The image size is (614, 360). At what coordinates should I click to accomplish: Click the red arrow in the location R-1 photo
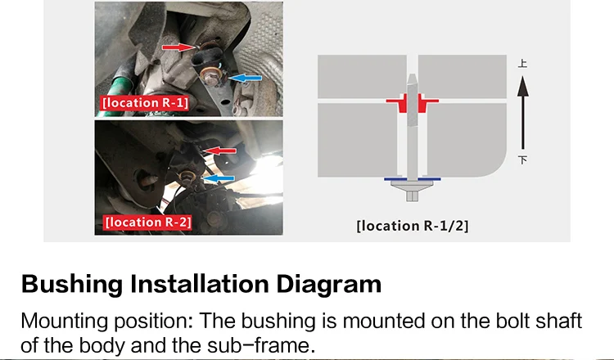coord(178,47)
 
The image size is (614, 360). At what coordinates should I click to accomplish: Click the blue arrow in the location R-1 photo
coord(245,79)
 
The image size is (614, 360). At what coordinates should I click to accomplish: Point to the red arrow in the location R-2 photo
coord(219,151)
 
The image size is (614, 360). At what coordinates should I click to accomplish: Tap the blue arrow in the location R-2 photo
coord(219,178)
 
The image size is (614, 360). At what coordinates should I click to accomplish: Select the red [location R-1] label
coord(145,103)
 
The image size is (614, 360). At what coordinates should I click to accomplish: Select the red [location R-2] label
coord(148,223)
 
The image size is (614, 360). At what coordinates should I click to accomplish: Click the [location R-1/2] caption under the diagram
coord(413,226)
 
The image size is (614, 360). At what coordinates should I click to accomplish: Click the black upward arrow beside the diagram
coord(523,113)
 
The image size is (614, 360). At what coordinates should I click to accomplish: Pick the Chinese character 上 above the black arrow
coord(522,63)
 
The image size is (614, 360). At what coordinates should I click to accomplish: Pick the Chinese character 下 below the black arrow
coord(523,160)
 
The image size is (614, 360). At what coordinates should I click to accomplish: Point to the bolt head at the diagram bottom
coord(412,191)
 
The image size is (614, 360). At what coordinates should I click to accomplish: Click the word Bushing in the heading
coord(72,285)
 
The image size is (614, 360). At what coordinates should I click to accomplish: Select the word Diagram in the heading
coord(329,285)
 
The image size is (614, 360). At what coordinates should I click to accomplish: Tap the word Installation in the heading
coord(200,284)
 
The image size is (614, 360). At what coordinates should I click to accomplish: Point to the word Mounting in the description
coord(64,322)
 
